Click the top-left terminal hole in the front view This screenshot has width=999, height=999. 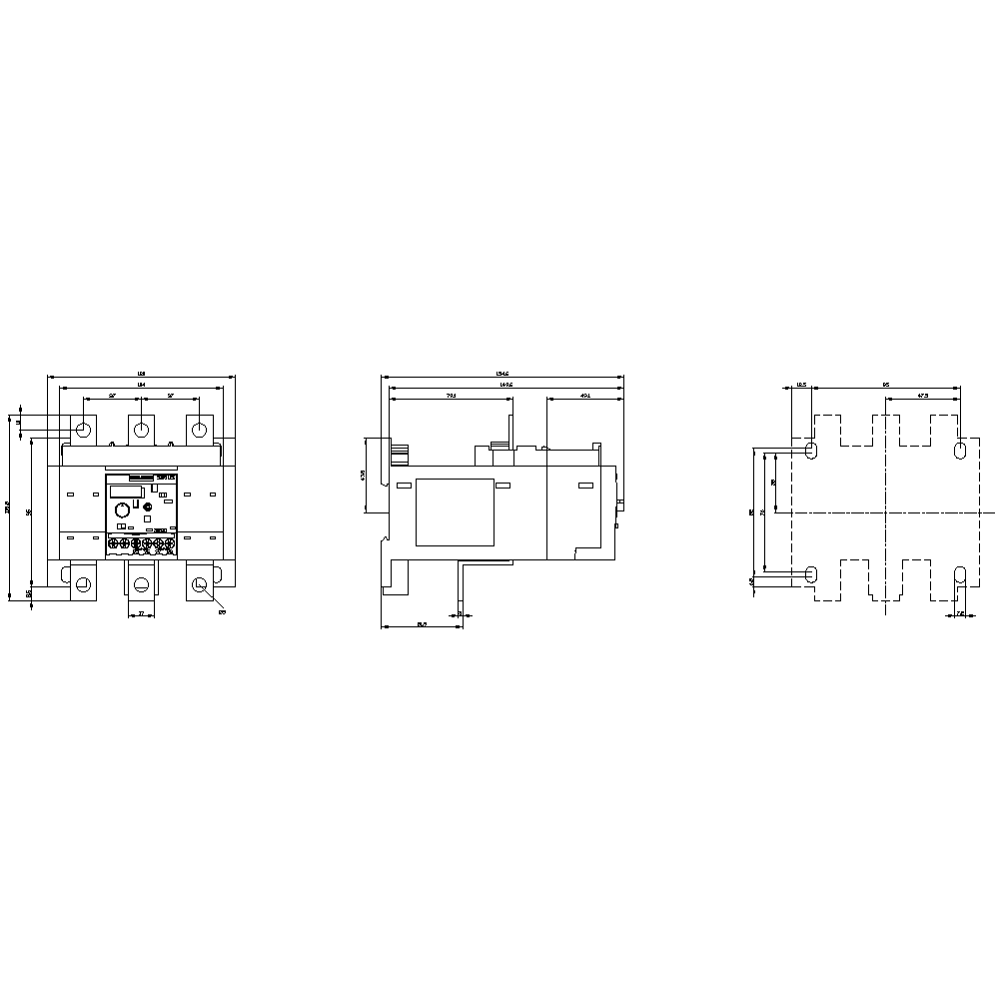click(x=84, y=430)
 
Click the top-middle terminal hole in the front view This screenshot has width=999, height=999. click(x=142, y=430)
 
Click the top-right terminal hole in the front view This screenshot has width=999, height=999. click(x=200, y=430)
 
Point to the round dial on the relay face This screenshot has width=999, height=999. click(x=121, y=509)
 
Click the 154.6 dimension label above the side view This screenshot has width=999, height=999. click(x=502, y=375)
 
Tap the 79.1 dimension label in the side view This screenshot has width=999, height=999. click(x=450, y=397)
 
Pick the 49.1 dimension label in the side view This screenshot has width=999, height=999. click(x=585, y=397)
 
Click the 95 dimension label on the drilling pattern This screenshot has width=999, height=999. click(x=885, y=384)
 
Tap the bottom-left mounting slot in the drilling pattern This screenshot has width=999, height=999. click(x=810, y=574)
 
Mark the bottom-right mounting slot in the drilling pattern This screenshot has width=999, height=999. click(x=960, y=574)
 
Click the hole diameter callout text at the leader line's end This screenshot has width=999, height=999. click(x=222, y=612)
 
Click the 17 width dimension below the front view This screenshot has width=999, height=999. click(x=141, y=612)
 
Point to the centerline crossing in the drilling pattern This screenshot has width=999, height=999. click(x=885, y=512)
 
